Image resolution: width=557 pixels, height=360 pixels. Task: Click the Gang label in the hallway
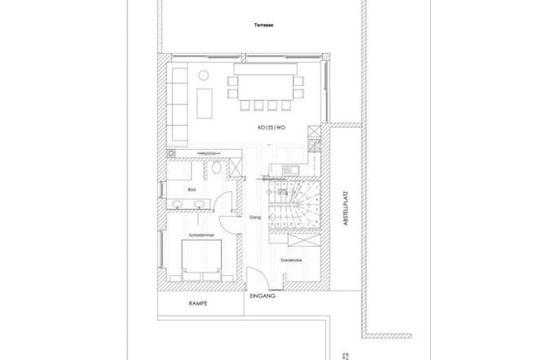click(255, 218)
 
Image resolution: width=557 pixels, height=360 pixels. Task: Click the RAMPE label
click(199, 304)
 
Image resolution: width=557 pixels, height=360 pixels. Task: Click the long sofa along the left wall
click(179, 104)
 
